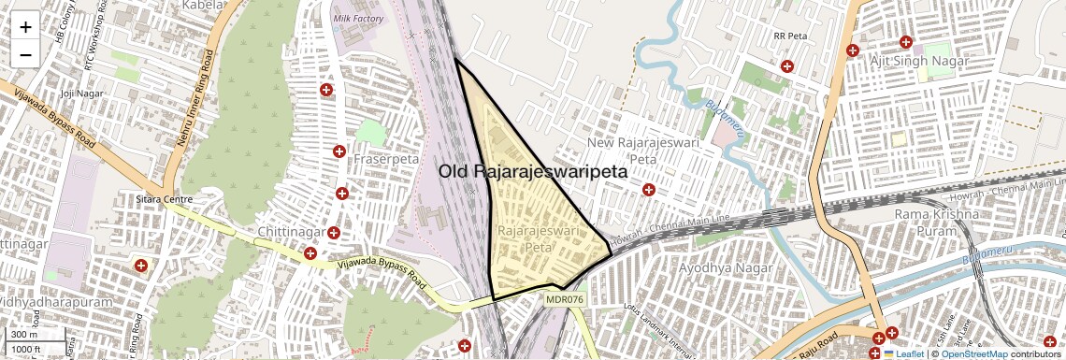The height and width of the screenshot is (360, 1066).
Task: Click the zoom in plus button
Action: pyautogui.click(x=25, y=27)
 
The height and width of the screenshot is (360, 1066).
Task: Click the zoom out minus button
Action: pyautogui.click(x=25, y=55)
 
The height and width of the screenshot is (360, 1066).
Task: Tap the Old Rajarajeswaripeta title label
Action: pyautogui.click(x=533, y=172)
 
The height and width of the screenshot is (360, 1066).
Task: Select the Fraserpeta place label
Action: pyautogui.click(x=386, y=159)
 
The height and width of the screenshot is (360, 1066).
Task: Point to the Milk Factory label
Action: pyautogui.click(x=358, y=19)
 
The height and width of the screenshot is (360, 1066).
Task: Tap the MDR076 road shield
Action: pyautogui.click(x=564, y=299)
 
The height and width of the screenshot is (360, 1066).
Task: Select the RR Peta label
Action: pyautogui.click(x=789, y=36)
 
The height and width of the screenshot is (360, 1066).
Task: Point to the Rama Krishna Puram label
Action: pyautogui.click(x=935, y=223)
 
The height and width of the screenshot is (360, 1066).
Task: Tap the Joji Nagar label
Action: pyautogui.click(x=79, y=94)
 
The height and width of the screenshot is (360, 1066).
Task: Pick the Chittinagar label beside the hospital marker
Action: pyautogui.click(x=290, y=232)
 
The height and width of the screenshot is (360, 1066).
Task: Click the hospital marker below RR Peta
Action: pyautogui.click(x=787, y=66)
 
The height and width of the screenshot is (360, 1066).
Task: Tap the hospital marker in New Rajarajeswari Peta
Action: pyautogui.click(x=648, y=190)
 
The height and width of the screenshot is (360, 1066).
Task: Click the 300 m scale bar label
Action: pyautogui.click(x=24, y=334)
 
